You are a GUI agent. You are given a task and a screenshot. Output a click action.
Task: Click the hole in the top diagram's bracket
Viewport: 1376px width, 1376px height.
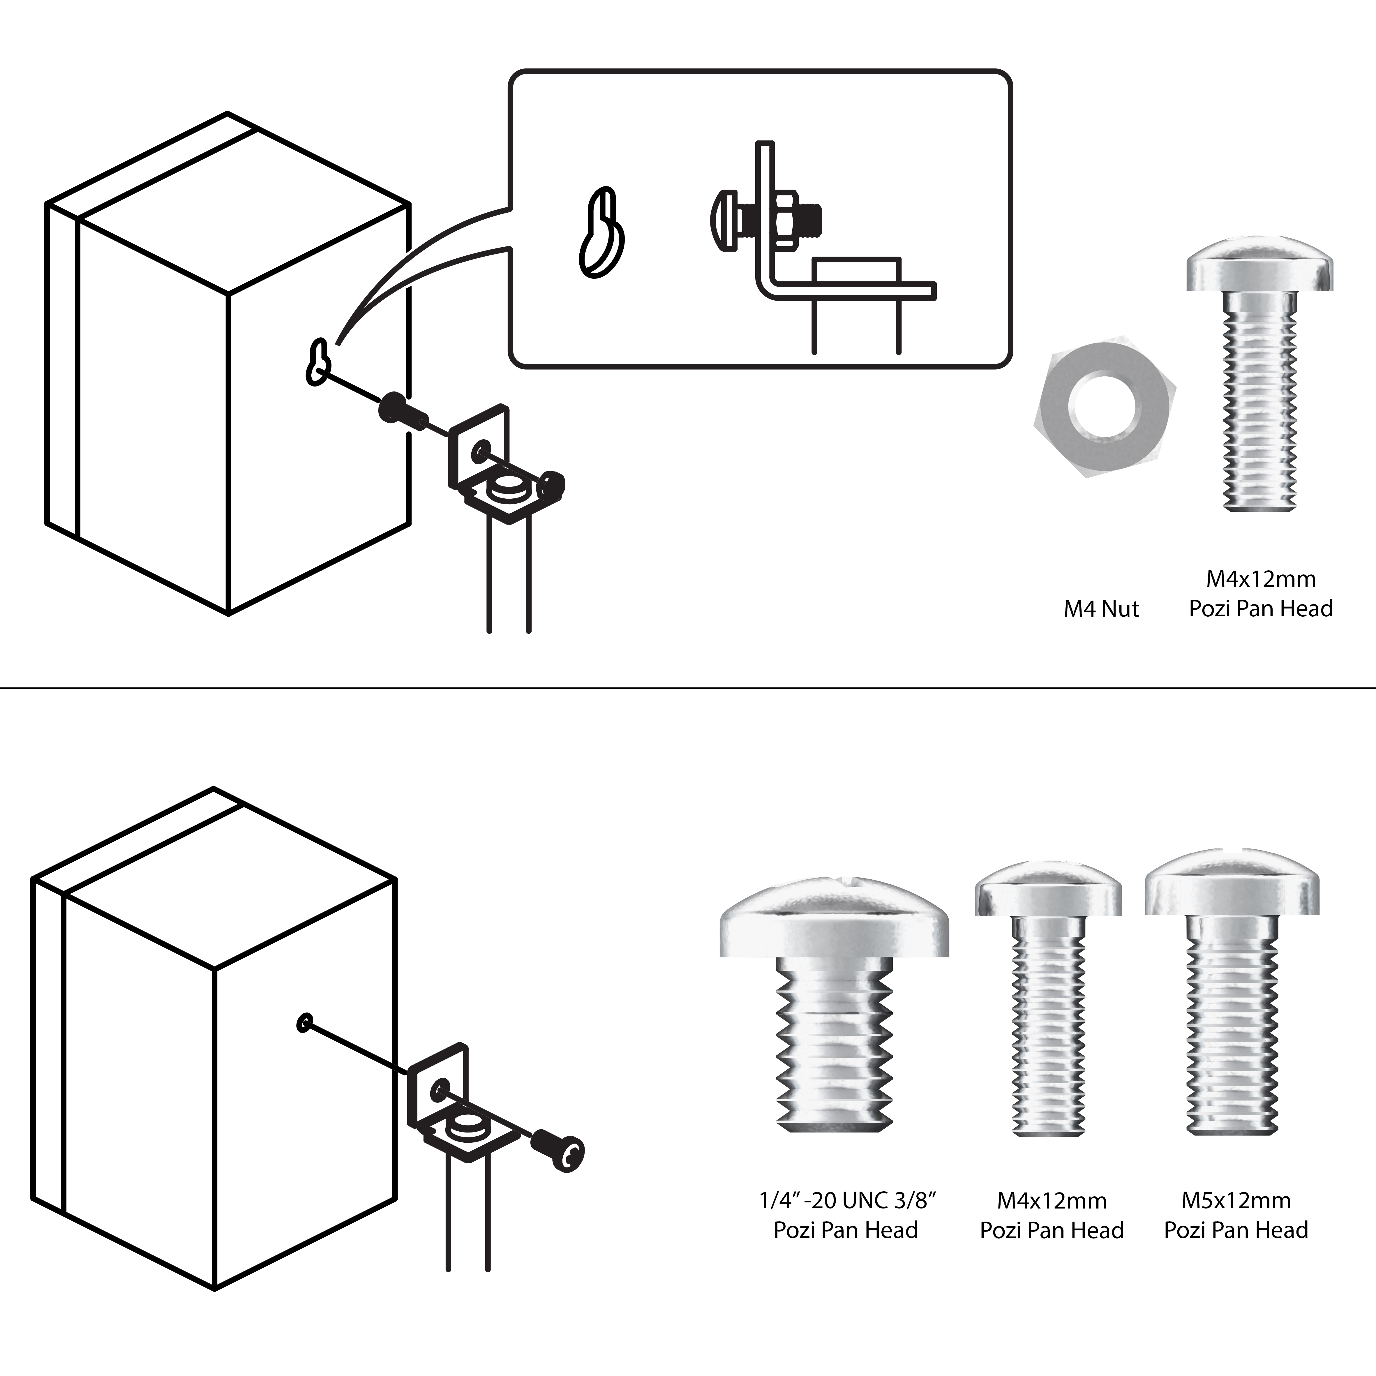click(481, 451)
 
